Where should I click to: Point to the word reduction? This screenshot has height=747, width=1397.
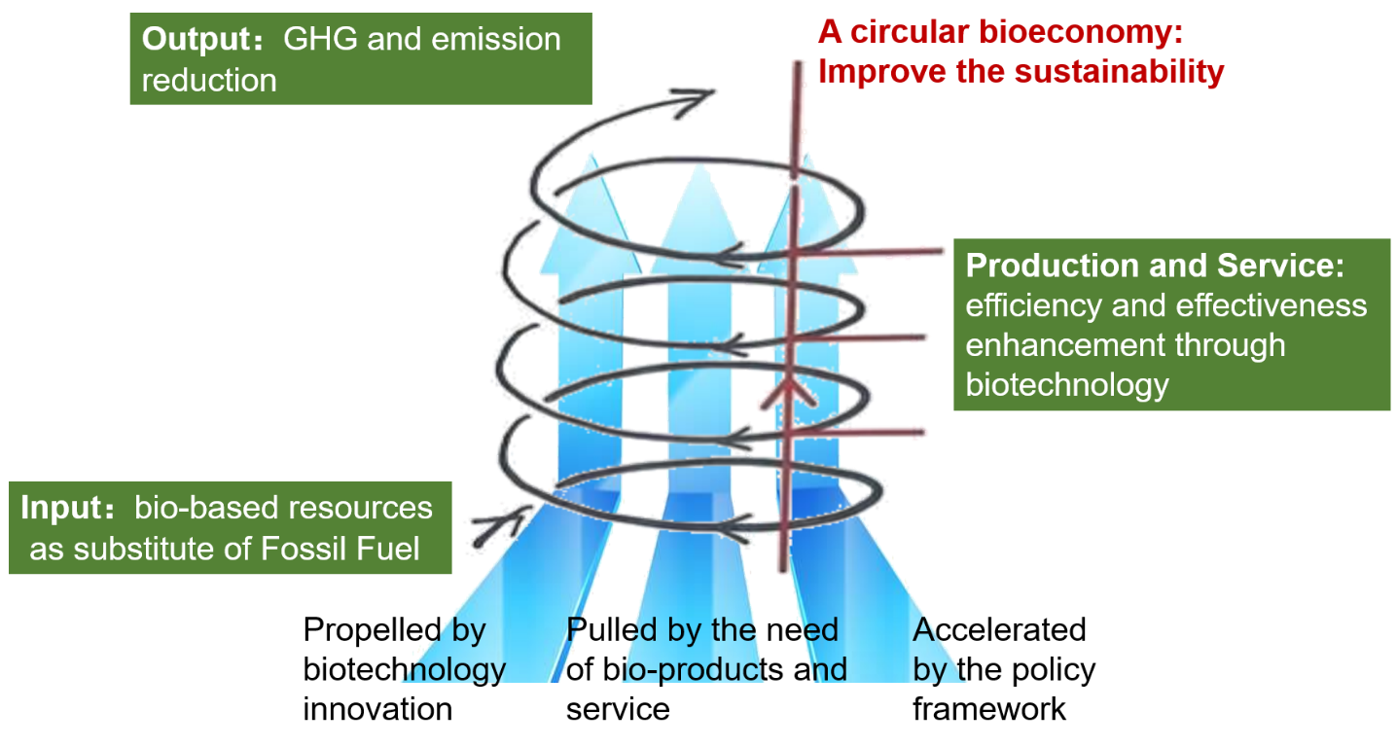209,80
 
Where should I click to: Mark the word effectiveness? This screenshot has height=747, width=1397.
1272,305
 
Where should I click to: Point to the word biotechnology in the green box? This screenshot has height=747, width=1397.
1066,385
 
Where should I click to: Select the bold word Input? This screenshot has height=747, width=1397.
60,508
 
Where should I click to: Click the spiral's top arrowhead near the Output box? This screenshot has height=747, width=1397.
702,94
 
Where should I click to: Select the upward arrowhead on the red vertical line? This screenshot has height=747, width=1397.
792,389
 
